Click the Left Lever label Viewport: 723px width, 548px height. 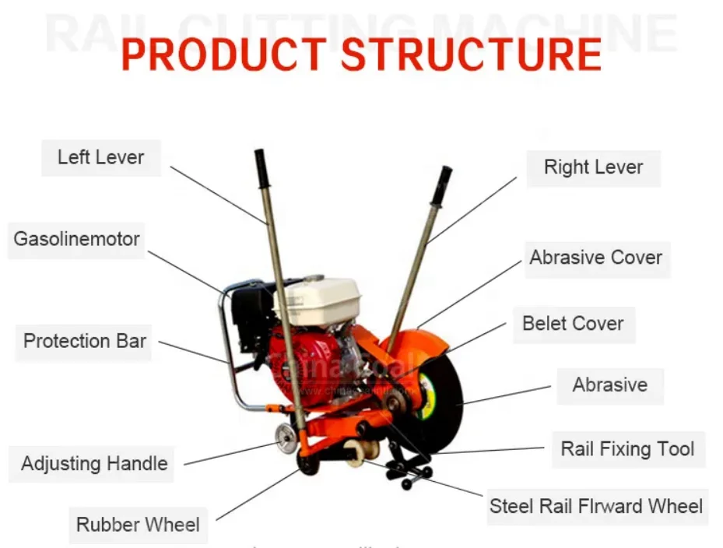[100, 157]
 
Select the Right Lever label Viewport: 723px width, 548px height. [593, 167]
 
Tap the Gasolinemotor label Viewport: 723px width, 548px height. [76, 239]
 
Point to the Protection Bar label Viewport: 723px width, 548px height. [84, 341]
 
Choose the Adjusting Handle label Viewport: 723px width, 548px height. [94, 464]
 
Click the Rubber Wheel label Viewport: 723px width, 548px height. [138, 525]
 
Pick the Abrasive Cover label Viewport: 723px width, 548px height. [595, 258]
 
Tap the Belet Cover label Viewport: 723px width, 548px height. [573, 324]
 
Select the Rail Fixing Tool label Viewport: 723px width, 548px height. [627, 449]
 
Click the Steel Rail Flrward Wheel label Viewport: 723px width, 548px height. [595, 506]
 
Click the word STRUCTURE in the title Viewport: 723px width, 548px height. [471, 54]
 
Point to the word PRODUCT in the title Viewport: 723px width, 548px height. [223, 54]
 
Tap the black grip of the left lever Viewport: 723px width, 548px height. [261, 168]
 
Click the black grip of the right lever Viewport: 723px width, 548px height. [442, 185]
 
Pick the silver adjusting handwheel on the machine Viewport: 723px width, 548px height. [286, 439]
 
